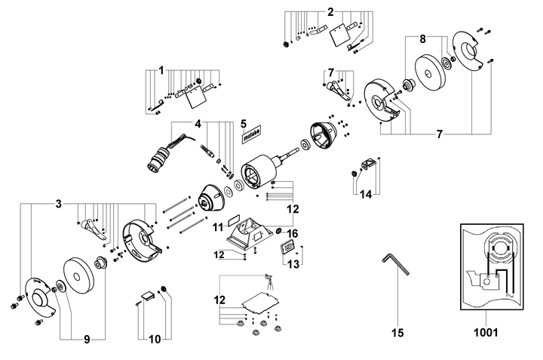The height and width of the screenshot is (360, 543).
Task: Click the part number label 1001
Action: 486,331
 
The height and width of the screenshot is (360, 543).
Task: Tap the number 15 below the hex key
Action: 397,331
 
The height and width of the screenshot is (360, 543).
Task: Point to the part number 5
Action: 244,122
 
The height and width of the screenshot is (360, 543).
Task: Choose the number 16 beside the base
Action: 293,233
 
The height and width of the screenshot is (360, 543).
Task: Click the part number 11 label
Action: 217,226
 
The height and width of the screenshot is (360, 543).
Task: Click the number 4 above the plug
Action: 198,123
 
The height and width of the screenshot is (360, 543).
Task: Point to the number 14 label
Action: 365,194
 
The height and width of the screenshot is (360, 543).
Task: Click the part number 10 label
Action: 154,340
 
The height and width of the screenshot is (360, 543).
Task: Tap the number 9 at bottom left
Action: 86,340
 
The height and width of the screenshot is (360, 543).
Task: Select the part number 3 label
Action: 58,204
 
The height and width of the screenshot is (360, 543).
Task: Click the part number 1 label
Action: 161,70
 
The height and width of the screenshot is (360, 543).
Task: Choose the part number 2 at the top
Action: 330,11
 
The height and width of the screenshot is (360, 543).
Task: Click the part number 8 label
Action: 422,38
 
